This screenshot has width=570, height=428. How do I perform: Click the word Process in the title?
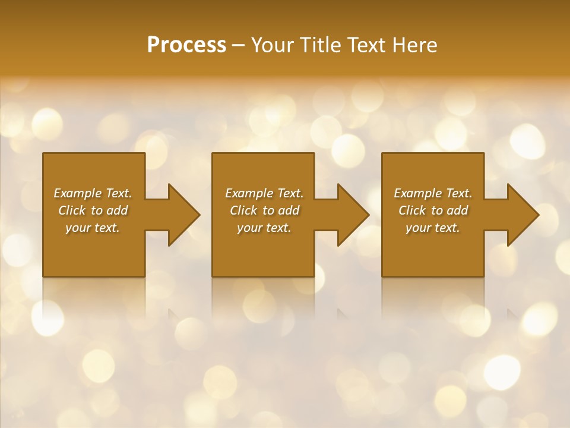186,45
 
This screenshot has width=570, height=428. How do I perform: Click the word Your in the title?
273,45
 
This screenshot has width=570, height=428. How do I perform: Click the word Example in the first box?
78,193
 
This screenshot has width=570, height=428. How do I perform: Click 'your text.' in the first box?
93,228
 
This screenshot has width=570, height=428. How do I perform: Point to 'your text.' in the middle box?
264,228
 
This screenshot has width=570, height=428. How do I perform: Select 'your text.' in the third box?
433,228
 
